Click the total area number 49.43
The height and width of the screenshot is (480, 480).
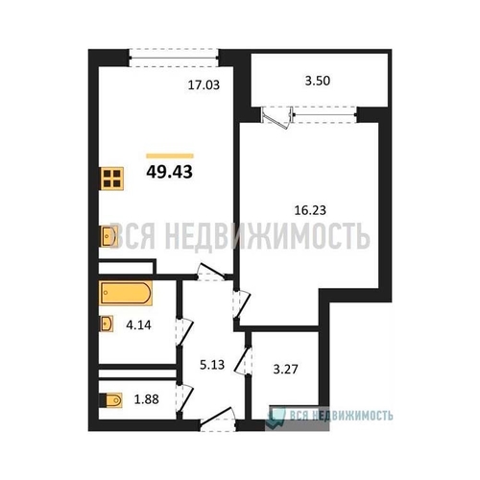(169, 172)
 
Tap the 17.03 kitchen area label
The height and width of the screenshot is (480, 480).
(204, 85)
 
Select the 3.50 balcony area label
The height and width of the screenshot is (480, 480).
(317, 81)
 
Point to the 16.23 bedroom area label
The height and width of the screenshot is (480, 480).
(310, 210)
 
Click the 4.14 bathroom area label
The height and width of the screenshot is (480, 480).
(138, 325)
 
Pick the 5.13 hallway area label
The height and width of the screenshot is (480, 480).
(212, 365)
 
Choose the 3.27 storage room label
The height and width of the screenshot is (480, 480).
(285, 369)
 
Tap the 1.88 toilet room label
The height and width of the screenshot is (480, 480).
(146, 399)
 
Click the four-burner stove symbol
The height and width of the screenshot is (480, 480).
(111, 179)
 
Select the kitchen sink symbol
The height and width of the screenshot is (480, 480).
(108, 236)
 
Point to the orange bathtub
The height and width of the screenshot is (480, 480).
(126, 293)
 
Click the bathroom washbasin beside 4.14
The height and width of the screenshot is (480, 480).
(107, 324)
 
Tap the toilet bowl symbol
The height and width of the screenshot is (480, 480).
(111, 400)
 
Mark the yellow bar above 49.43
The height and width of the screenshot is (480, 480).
(170, 156)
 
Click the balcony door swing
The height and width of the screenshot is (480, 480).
(277, 117)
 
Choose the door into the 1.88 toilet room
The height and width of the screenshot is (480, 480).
(185, 398)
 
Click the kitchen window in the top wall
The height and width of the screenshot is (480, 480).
(174, 58)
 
